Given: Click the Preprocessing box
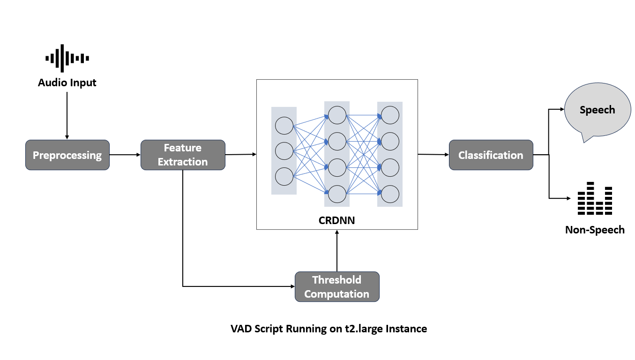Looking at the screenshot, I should [67, 155].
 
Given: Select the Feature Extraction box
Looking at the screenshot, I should [183, 155].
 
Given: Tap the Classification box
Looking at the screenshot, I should [491, 155].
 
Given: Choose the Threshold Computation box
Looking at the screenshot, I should [336, 287].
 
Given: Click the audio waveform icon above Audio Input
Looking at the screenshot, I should [67, 58].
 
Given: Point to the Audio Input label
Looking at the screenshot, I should [67, 83].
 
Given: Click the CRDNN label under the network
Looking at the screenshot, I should [337, 219].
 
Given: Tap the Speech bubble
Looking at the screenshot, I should [597, 111].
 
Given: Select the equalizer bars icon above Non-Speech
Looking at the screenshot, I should [595, 199].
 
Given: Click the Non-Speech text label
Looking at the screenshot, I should [595, 230].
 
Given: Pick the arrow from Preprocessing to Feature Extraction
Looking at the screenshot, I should [125, 155].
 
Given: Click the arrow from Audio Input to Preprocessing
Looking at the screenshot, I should [67, 115].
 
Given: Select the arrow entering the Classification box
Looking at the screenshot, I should [433, 154].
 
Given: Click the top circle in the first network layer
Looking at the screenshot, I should [284, 126].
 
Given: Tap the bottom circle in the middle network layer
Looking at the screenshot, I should [337, 194].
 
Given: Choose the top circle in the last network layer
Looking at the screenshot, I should [390, 115].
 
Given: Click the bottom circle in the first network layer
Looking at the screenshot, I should [284, 176].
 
